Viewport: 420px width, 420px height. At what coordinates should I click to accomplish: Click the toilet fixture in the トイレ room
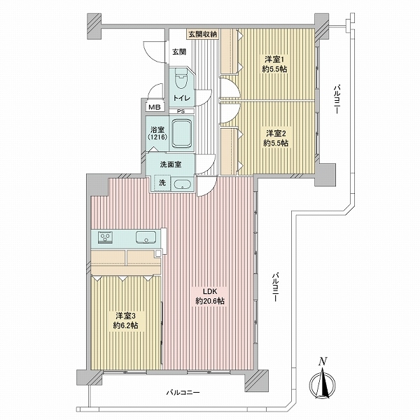181,78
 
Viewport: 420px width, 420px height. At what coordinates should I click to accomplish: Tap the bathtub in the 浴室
181,134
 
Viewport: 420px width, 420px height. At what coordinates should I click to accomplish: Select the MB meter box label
155,107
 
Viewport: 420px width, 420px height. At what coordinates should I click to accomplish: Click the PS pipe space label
181,111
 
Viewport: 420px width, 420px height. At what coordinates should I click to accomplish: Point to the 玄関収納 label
203,34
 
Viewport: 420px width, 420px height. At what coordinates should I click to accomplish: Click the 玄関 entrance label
179,52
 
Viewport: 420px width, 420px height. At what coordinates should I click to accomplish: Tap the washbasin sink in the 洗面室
182,184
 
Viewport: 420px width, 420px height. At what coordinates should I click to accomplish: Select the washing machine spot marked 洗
162,183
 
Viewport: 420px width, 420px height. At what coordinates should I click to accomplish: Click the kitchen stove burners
105,237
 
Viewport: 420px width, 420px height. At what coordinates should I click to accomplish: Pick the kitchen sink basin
146,237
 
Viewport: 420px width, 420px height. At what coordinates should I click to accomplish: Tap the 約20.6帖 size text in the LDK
210,301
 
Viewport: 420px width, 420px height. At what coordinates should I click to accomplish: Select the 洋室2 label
275,133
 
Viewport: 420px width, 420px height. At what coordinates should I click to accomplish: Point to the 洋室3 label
125,316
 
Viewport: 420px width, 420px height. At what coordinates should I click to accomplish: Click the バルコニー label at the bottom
183,393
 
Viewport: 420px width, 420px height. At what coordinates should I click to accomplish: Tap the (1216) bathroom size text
157,137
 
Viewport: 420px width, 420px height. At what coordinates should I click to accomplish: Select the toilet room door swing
205,98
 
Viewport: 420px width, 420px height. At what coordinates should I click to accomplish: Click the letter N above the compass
323,362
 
